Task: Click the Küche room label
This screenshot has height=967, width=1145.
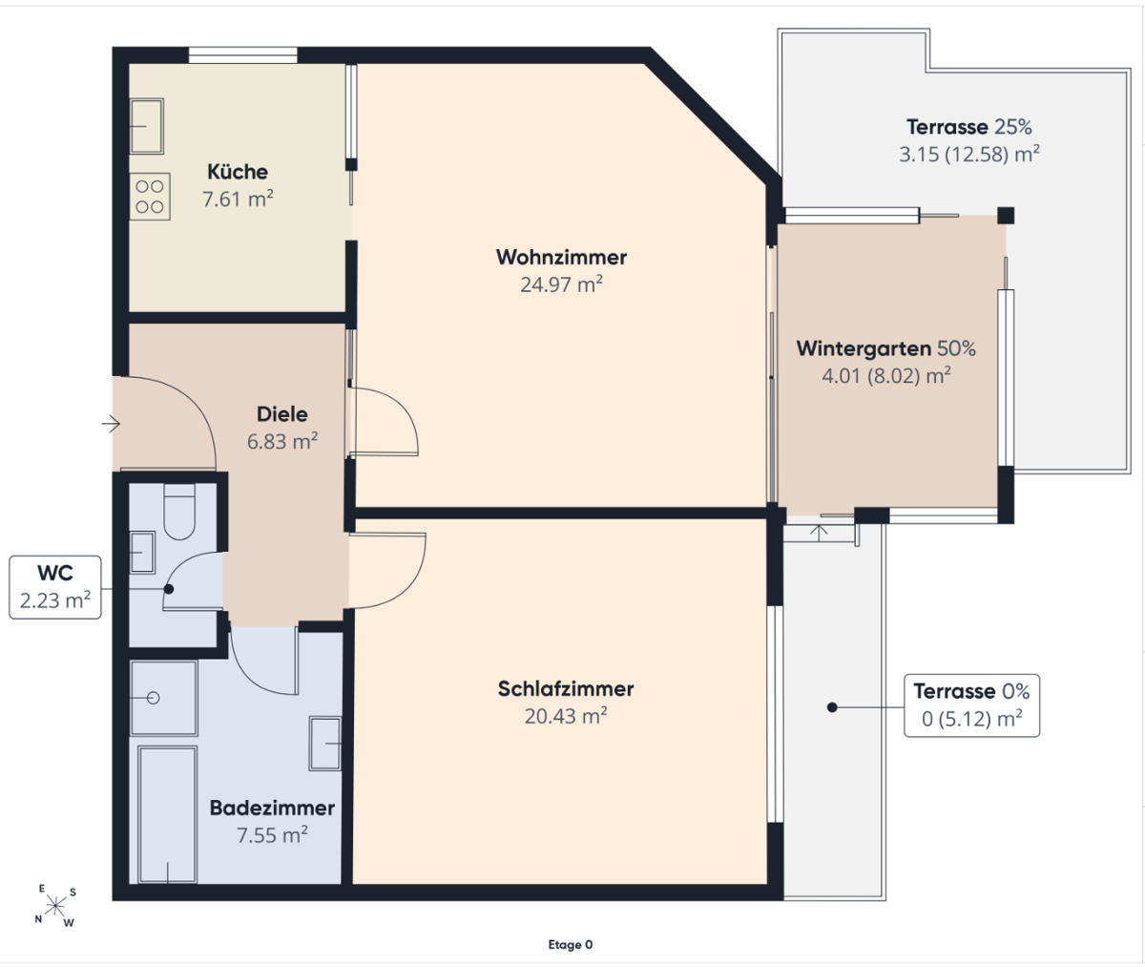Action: (x=238, y=172)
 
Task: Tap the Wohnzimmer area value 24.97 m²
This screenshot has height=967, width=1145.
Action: (x=562, y=284)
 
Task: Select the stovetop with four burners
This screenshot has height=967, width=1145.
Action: (x=150, y=197)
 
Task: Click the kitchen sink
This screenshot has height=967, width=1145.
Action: (x=146, y=126)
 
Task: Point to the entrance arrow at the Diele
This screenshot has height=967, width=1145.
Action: (x=111, y=424)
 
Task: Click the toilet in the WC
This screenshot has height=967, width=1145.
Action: (x=180, y=512)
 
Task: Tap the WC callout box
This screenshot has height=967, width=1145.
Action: (x=55, y=587)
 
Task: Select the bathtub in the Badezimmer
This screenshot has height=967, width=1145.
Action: (x=167, y=814)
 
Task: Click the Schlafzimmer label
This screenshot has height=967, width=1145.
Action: (x=566, y=689)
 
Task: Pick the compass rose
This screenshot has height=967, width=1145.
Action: (x=55, y=906)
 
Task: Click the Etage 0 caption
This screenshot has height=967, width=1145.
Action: (x=571, y=944)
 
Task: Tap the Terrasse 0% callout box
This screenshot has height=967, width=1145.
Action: (x=971, y=705)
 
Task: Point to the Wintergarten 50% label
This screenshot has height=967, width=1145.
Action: (x=886, y=348)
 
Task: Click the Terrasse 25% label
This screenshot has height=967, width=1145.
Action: (x=969, y=127)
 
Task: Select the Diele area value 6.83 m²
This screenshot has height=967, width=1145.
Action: (x=282, y=441)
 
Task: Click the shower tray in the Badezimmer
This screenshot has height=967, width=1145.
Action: (x=163, y=698)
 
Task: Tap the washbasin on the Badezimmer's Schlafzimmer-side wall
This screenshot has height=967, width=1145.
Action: (x=325, y=744)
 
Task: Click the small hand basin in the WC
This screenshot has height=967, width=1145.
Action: (x=142, y=553)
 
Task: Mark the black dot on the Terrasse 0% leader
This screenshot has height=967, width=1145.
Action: (x=832, y=707)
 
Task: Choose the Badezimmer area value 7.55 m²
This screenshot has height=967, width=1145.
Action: (x=272, y=835)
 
